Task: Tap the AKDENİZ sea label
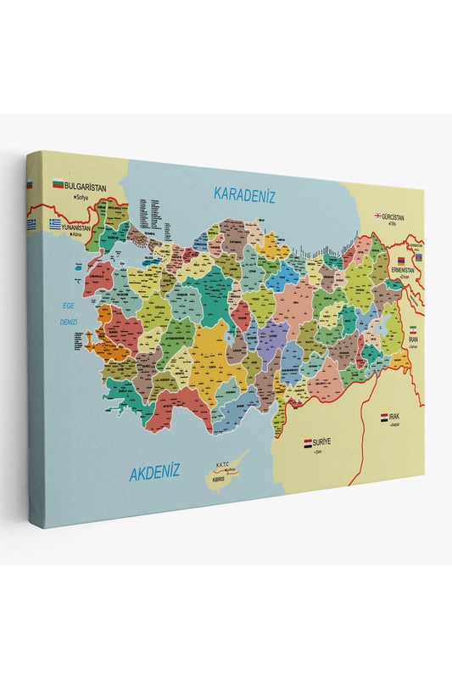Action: (x=154, y=473)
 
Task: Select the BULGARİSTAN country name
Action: (x=91, y=184)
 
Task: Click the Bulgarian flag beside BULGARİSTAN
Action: (x=59, y=183)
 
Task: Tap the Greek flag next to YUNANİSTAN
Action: (x=55, y=224)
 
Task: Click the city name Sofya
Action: (x=83, y=197)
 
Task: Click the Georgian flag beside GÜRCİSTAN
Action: (x=377, y=216)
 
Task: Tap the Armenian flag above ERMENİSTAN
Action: (x=401, y=259)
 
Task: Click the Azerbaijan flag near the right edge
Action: (x=416, y=257)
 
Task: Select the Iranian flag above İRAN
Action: (x=413, y=328)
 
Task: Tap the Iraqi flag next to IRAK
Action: (x=384, y=417)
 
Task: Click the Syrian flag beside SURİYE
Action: (x=309, y=443)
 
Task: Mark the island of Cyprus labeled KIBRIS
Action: (x=223, y=477)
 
